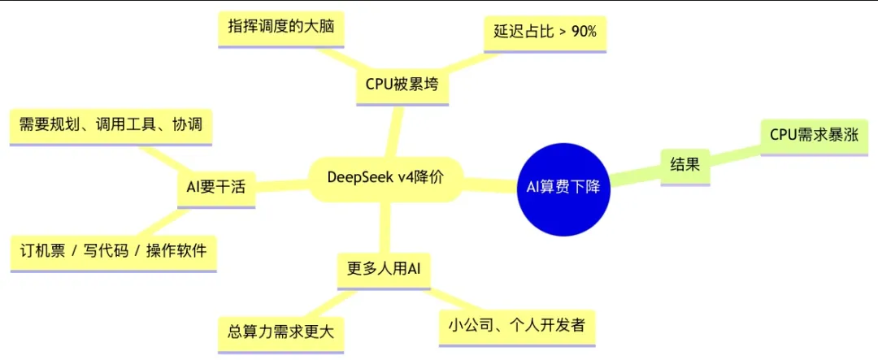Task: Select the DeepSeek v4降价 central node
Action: point(385,177)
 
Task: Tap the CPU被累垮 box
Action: point(402,85)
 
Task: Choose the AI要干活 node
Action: point(215,187)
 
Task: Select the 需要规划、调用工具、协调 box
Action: point(110,124)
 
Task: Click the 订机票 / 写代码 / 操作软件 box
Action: point(113,250)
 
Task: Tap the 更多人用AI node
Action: point(383,267)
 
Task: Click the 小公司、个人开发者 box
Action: point(517,324)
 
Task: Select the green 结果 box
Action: point(685,165)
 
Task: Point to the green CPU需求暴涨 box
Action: point(814,135)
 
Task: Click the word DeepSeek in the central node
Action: point(356,177)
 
